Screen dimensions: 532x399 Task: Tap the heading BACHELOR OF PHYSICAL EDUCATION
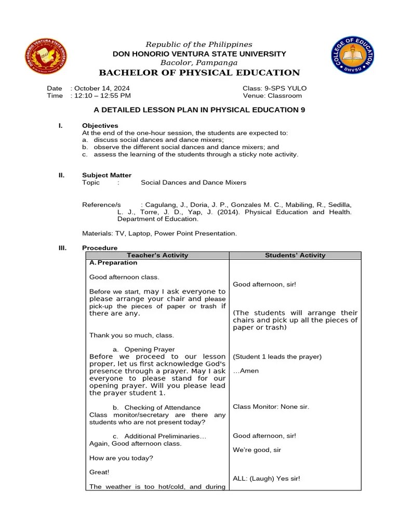click(199, 73)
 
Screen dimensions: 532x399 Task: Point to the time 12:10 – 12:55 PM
click(102, 96)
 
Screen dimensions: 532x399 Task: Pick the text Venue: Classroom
click(272, 96)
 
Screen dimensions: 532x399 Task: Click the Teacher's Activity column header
click(157, 255)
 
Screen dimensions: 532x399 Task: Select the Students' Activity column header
click(295, 255)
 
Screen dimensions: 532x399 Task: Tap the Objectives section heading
click(100, 126)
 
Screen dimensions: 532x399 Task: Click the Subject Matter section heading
click(107, 175)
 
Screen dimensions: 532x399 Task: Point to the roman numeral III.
click(62, 248)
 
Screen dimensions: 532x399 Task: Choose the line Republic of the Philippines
click(199, 45)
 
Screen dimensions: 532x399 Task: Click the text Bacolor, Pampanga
click(199, 62)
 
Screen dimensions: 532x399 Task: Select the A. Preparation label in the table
click(113, 263)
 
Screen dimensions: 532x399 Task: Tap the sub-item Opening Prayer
click(149, 349)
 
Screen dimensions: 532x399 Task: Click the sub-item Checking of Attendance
click(162, 408)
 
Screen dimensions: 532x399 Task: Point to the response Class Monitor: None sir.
click(271, 406)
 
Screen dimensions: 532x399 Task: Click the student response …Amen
click(246, 371)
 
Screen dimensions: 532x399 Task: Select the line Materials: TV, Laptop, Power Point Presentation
click(159, 233)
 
